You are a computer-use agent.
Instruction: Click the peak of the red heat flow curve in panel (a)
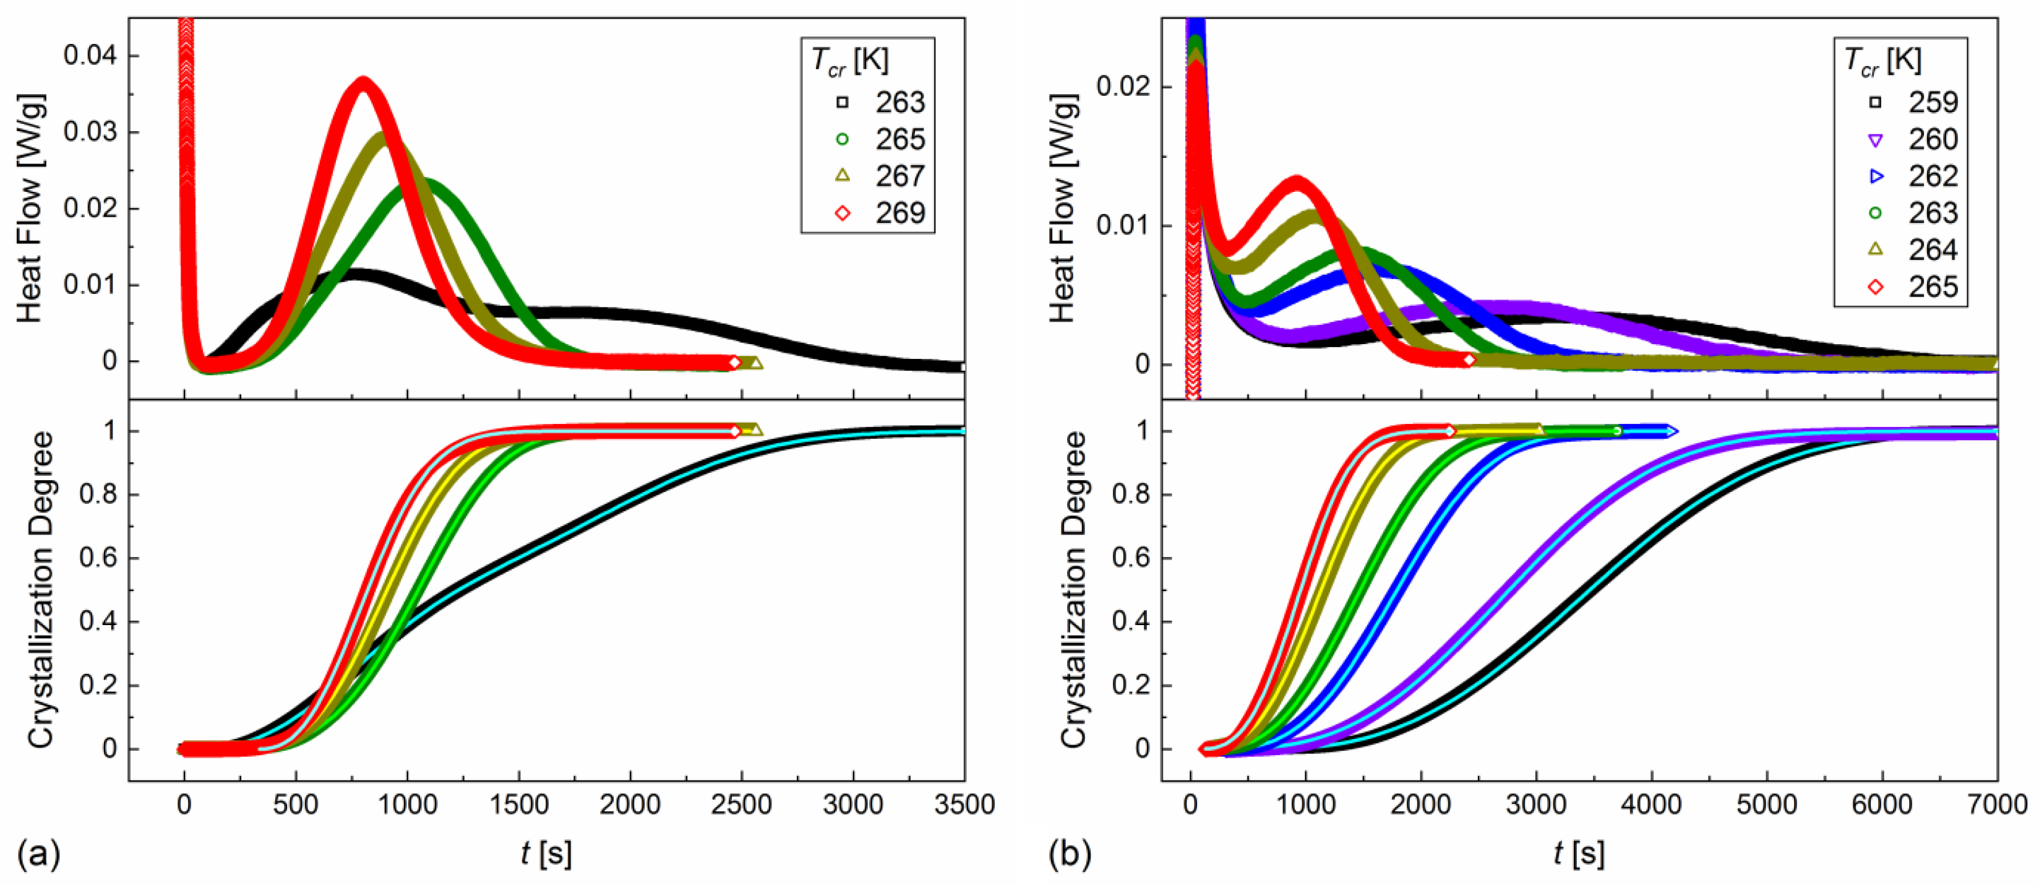(363, 82)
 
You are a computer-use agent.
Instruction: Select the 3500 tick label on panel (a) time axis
(963, 805)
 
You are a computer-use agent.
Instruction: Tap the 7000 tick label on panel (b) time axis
(1996, 805)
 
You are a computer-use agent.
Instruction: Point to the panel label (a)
(38, 854)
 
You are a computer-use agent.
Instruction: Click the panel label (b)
(1070, 854)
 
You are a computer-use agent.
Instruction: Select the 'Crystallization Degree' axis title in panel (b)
(1073, 590)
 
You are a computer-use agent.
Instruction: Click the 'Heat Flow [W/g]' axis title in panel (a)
(30, 208)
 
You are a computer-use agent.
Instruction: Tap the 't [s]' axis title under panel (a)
(546, 853)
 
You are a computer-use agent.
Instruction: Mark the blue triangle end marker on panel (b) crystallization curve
(1671, 431)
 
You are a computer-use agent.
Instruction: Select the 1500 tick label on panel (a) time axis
(518, 805)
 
